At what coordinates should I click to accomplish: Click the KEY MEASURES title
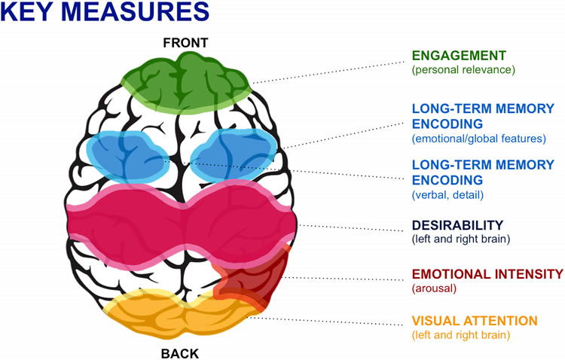pos(105,13)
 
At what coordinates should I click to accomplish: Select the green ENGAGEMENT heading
pos(458,56)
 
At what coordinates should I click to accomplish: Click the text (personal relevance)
pos(463,70)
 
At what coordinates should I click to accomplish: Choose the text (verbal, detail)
pos(447,195)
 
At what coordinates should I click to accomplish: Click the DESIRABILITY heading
pos(457,225)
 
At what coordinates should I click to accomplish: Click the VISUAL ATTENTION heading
pos(475,320)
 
